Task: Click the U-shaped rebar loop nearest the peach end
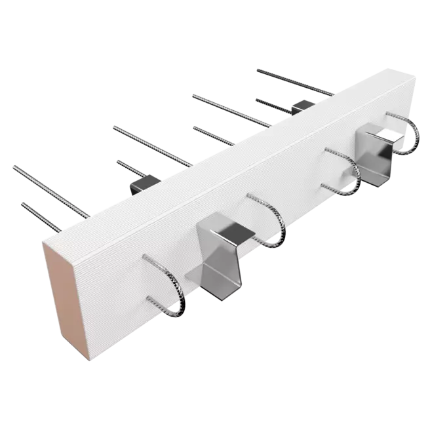170,289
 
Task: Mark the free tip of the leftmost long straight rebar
14,166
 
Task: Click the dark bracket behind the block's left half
142,181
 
